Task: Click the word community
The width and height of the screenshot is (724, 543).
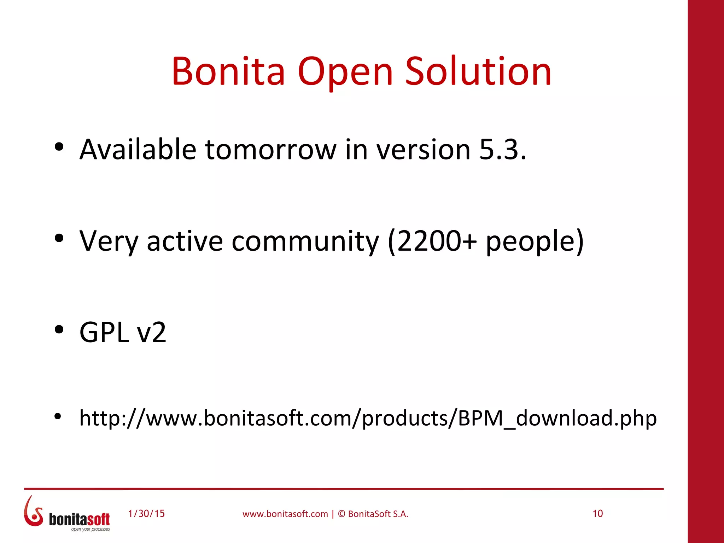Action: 305,241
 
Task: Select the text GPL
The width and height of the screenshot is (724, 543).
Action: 104,332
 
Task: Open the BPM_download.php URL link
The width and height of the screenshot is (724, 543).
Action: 368,418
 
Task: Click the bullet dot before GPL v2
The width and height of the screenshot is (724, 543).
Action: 59,330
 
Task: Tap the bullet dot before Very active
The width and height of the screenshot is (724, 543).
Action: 59,239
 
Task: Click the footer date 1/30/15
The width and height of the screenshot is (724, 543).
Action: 146,514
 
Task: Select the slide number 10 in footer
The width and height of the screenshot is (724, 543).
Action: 597,514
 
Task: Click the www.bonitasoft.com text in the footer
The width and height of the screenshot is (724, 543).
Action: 285,514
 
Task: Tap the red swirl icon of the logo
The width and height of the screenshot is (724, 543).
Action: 33,512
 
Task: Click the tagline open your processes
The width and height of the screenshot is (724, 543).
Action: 90,529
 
